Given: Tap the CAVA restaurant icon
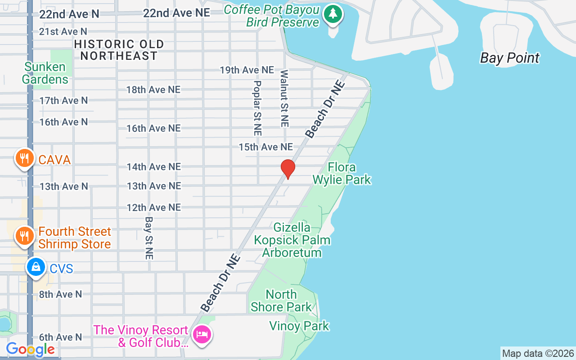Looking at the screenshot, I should pos(25,158).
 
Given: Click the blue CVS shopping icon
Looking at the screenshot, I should pos(36,267).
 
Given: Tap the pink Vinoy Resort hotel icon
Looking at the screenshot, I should pos(202,334).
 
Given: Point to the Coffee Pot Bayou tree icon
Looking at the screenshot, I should pos(333,14).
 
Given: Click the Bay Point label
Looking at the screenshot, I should pos(509,58).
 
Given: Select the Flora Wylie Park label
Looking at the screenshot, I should pos(342,174).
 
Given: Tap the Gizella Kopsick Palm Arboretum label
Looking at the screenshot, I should pos(292,240).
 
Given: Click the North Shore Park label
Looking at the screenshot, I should pos(281,301).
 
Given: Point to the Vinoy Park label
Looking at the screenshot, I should pos(299,326).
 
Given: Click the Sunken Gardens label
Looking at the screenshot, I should pos(45,73).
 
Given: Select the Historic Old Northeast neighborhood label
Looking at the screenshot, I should pos(119,50).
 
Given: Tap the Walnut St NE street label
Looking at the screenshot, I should pos(285,98).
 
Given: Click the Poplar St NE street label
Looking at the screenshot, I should pos(257,108).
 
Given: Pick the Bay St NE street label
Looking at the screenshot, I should pos(149,238).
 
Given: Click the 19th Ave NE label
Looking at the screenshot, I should pos(247,70).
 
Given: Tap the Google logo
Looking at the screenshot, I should pos(30,349).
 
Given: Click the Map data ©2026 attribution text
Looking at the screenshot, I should pos(538,353).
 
